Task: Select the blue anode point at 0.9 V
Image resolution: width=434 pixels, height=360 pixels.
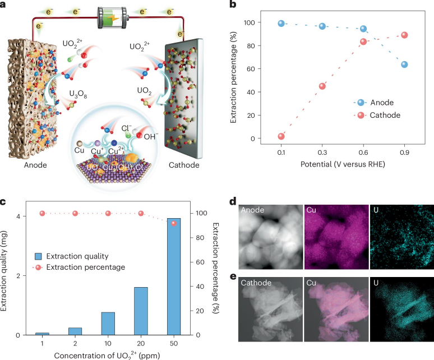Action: (404, 64)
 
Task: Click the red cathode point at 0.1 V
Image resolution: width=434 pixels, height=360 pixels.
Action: (281, 136)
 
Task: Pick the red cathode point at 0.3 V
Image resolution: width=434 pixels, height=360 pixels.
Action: (322, 86)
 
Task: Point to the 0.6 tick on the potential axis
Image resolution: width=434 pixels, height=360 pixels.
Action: (363, 153)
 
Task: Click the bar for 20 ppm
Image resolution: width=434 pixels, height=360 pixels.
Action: (141, 311)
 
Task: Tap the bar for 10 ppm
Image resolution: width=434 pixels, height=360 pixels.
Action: (108, 324)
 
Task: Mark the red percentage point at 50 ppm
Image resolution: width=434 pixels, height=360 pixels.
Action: (173, 223)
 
